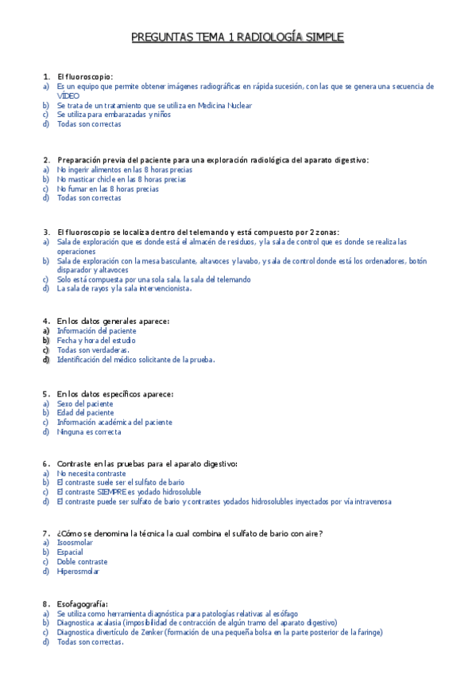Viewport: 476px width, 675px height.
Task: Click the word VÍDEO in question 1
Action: click(x=69, y=96)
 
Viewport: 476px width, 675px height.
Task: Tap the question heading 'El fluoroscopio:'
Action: click(x=85, y=76)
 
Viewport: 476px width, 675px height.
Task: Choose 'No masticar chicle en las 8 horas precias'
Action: click(x=122, y=179)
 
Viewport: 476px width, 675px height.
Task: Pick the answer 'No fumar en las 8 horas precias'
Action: click(x=107, y=189)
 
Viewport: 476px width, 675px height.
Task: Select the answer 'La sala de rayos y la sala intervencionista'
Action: click(x=125, y=289)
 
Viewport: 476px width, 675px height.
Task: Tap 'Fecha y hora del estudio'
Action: click(x=96, y=340)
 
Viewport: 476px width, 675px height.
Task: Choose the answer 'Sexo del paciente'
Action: click(x=85, y=404)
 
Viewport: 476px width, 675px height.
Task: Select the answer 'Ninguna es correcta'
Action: click(x=89, y=432)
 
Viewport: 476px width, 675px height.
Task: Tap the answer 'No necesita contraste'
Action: click(x=91, y=473)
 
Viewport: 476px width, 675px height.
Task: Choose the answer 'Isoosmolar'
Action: click(x=75, y=542)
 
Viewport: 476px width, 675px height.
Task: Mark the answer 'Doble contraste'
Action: click(x=82, y=561)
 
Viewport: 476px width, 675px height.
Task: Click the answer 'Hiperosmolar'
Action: click(x=78, y=571)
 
